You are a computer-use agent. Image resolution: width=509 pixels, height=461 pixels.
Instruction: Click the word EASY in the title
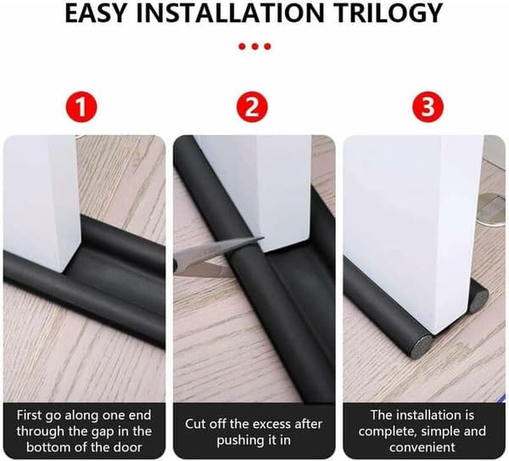pyautogui.click(x=95, y=13)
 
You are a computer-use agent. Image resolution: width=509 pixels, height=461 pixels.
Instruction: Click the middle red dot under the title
pyautogui.click(x=255, y=47)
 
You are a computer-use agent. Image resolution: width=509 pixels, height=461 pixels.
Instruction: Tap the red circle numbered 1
pyautogui.click(x=81, y=107)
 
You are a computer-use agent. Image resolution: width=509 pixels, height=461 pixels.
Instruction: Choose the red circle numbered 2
pyautogui.click(x=252, y=107)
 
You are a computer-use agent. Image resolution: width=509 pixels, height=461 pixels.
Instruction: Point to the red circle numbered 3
pyautogui.click(x=428, y=107)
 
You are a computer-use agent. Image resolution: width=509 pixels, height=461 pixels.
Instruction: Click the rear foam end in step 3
pyautogui.click(x=480, y=295)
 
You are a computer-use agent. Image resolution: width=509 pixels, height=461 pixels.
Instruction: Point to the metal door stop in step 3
pyautogui.click(x=494, y=210)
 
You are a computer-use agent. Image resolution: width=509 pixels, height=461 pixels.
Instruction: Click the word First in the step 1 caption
pyautogui.click(x=30, y=415)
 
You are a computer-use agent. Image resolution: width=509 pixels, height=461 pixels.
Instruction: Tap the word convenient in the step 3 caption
pyautogui.click(x=422, y=447)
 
